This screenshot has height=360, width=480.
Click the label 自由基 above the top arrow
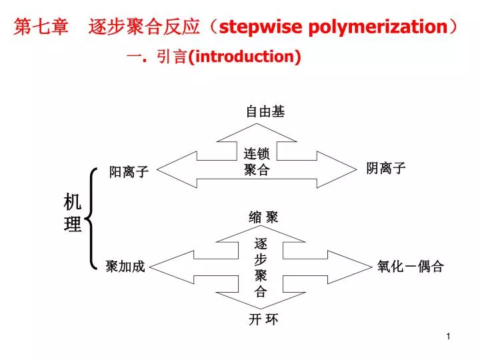pos(265,112)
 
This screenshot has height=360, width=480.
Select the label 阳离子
pos(129,171)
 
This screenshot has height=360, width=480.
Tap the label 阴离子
pos(386,168)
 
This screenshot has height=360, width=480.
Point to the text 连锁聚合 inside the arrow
pos(257,161)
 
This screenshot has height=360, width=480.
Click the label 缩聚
pos(263,217)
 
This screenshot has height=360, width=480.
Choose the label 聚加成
pos(125,266)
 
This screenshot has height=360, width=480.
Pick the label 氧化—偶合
pos(410,266)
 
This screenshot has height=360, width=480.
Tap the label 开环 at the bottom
pos(263,319)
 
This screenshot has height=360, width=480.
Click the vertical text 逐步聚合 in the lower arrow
pos(261,267)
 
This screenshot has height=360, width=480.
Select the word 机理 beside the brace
pos(73,213)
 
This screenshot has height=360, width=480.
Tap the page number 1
pos(448,337)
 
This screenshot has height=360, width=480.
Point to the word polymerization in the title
pos(379,27)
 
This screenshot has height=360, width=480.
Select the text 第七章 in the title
pos(41,27)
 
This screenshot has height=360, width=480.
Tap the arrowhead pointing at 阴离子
pos(337,169)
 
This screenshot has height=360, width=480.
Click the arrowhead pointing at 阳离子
pos(177,169)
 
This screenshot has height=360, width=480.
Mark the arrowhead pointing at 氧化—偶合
pos(349,267)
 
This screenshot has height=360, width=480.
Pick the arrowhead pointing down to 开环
pos(261,300)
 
